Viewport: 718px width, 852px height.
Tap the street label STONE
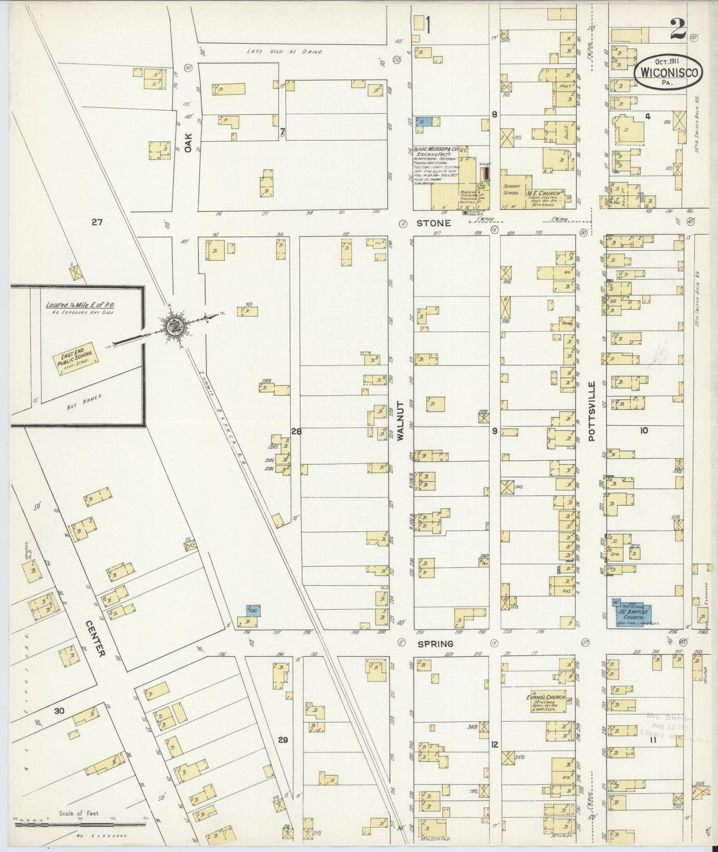coord(434,223)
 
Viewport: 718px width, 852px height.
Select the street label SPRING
coord(435,643)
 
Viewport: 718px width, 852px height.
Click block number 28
coord(296,431)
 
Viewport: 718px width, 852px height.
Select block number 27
coord(97,222)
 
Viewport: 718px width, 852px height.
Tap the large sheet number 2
coord(678,30)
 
